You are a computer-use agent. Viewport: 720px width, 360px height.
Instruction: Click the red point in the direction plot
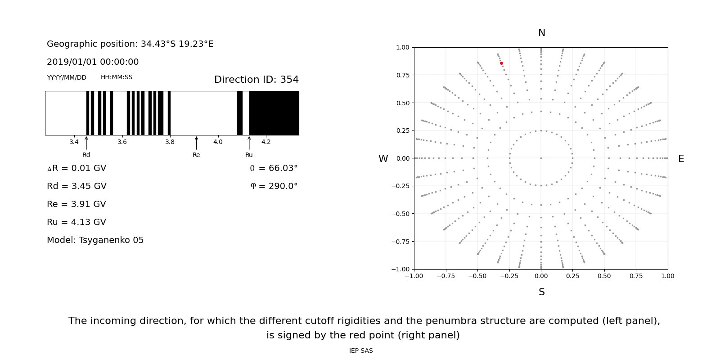(501, 63)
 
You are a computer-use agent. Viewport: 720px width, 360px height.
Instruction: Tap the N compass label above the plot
(541, 33)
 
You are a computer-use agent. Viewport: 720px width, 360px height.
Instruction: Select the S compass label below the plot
(541, 292)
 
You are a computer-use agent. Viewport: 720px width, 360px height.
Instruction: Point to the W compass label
(383, 159)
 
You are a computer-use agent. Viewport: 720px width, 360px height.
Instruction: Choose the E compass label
(681, 159)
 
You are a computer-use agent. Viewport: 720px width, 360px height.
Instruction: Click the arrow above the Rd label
(86, 143)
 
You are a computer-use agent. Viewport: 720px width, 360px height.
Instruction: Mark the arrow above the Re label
(196, 143)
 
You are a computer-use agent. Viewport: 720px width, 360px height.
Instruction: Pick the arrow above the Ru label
(249, 143)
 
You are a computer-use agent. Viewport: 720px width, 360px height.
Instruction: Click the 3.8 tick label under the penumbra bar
(170, 142)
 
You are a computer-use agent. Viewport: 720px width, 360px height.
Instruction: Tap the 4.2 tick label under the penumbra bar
(266, 142)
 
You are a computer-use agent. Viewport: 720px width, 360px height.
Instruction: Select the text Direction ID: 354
(256, 80)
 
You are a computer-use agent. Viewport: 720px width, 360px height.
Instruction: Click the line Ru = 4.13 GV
(76, 222)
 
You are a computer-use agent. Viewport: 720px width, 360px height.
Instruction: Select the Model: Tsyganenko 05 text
(95, 240)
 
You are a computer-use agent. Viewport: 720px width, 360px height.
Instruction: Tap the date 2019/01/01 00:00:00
(93, 62)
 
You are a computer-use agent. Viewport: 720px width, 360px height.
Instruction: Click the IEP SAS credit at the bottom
(361, 351)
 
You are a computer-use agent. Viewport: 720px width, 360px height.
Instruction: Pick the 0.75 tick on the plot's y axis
(402, 75)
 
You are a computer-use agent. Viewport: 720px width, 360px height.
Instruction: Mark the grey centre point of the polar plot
(541, 158)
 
